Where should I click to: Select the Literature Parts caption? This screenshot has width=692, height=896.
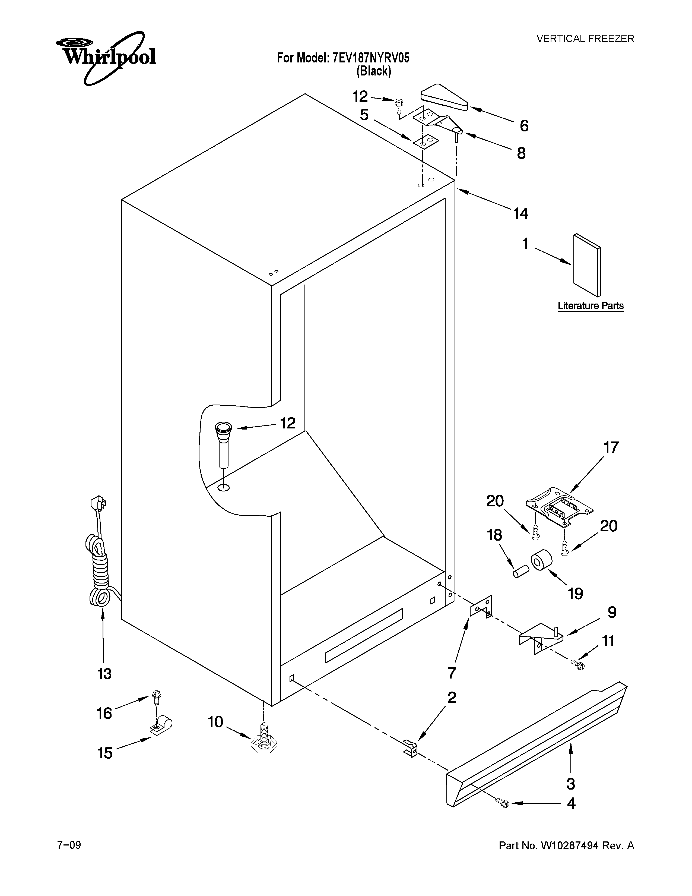click(x=590, y=306)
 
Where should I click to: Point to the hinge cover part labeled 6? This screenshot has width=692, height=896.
click(x=444, y=99)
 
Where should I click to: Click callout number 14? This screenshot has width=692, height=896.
click(x=521, y=213)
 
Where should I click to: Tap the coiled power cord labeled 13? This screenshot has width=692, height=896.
click(x=99, y=570)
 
